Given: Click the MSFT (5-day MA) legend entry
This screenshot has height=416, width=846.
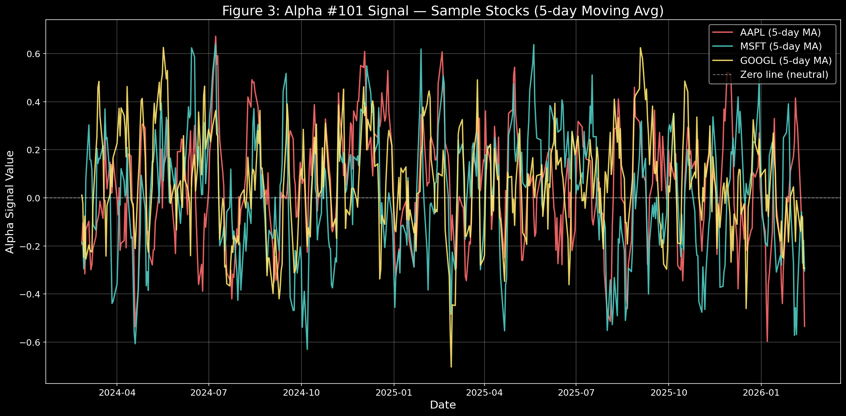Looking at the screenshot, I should click(781, 46).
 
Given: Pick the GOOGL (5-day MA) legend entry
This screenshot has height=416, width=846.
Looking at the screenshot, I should click(786, 61).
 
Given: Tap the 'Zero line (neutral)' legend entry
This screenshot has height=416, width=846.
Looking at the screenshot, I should click(784, 75).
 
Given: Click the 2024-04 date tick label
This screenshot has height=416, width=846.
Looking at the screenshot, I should click(117, 392).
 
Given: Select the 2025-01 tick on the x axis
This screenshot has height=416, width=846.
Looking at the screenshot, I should click(394, 392).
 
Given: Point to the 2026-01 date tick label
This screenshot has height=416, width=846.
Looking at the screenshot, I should click(761, 392).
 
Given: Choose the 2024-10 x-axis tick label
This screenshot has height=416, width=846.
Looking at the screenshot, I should click(301, 392).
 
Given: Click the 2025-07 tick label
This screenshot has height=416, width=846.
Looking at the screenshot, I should click(576, 392).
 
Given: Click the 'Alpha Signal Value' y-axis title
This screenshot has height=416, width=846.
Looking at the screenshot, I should click(10, 202).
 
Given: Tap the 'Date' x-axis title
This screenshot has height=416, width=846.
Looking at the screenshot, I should click(443, 405).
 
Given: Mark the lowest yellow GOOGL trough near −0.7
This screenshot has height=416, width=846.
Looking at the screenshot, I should click(451, 367).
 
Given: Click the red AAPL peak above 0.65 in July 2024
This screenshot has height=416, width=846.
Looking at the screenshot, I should click(215, 36).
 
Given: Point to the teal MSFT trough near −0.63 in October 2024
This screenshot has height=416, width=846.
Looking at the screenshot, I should click(307, 349).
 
